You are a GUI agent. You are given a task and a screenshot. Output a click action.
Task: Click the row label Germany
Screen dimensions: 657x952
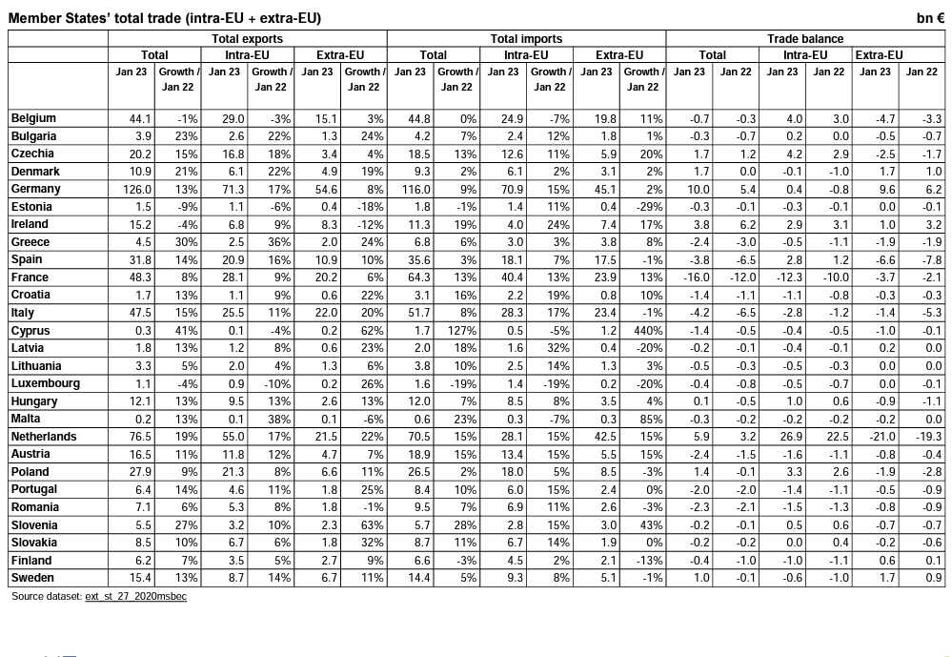(x=35, y=189)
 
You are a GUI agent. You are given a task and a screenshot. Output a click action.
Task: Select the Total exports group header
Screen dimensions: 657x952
(x=247, y=39)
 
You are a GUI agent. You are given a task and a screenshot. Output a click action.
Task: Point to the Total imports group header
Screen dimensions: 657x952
(x=526, y=39)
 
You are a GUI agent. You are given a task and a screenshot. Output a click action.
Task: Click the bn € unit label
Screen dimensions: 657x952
(x=930, y=18)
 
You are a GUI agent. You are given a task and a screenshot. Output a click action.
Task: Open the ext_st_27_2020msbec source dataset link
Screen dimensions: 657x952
(x=135, y=597)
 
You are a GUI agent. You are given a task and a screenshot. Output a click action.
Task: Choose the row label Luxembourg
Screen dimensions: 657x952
(x=45, y=383)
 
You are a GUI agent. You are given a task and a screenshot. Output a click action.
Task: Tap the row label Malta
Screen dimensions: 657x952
(x=25, y=419)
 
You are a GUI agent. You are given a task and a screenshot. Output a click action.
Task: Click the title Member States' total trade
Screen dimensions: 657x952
(x=164, y=18)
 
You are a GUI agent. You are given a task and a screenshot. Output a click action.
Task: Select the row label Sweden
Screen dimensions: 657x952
(x=31, y=578)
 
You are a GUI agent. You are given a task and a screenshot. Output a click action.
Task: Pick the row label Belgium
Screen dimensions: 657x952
(x=33, y=118)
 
